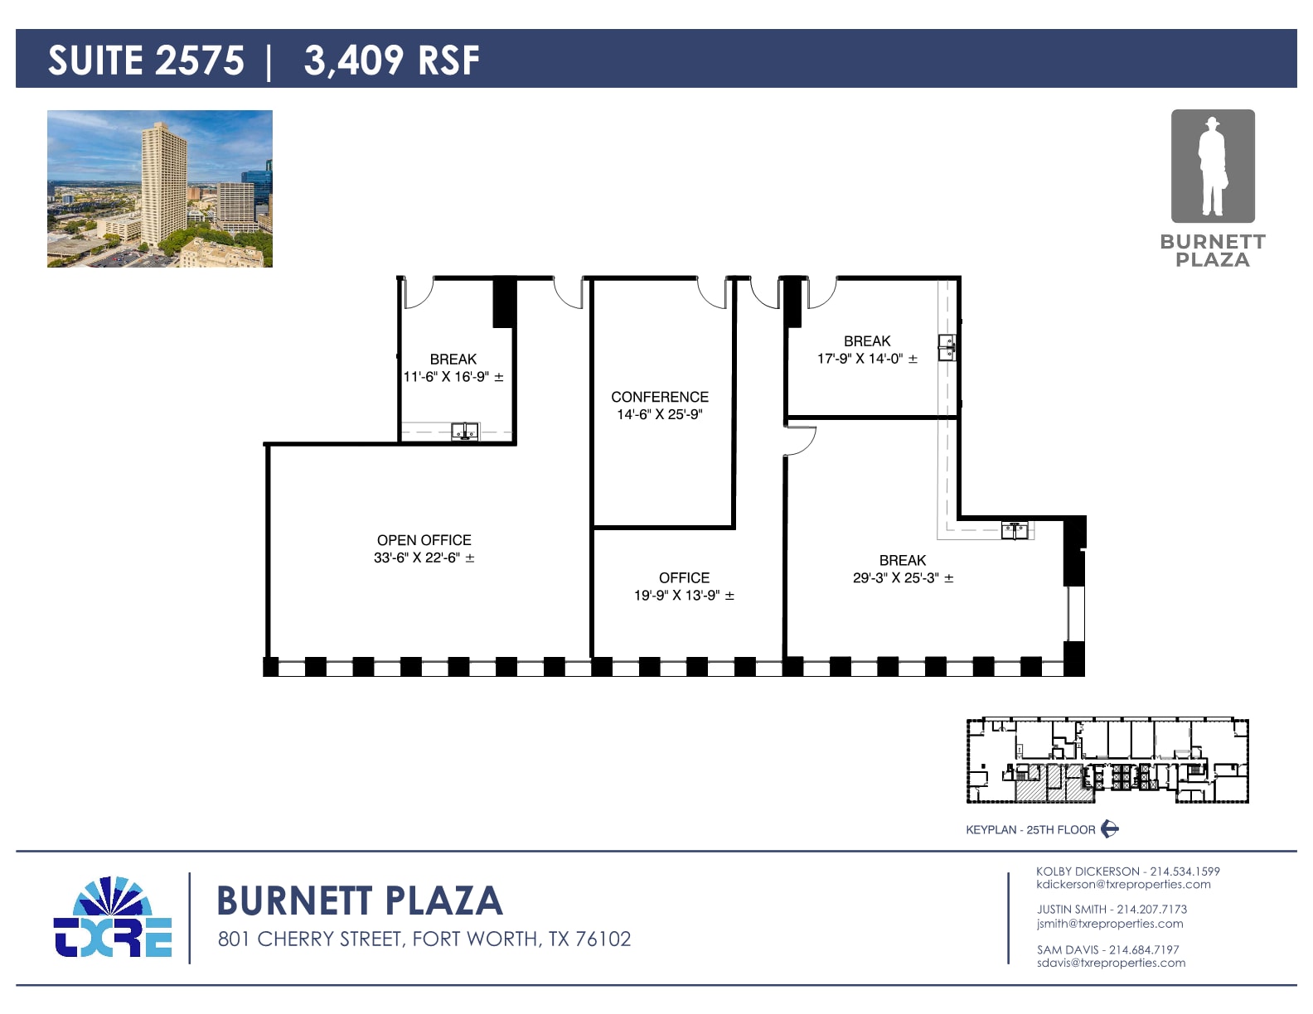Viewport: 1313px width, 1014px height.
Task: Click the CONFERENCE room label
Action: tap(660, 397)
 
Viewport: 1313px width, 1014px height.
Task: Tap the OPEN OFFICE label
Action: tap(424, 540)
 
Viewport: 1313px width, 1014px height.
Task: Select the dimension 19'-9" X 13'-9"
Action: tap(684, 596)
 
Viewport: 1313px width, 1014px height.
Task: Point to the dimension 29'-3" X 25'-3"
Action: tap(903, 578)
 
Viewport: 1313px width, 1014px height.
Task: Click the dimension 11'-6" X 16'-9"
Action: tap(453, 377)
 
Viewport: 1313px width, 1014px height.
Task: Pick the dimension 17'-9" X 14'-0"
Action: tap(867, 359)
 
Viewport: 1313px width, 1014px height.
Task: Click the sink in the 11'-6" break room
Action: tap(465, 431)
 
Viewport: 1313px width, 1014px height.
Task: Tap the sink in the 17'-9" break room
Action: tap(947, 347)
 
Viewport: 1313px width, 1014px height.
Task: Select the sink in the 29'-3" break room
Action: tap(1015, 529)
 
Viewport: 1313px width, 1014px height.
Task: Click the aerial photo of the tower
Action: tap(160, 189)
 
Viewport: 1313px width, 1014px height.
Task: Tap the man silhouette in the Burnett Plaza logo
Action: tap(1212, 167)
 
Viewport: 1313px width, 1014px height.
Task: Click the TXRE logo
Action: tap(113, 918)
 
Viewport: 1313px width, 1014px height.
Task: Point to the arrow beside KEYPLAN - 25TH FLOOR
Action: tap(1110, 829)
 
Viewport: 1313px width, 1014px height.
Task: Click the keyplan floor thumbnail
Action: tap(1107, 760)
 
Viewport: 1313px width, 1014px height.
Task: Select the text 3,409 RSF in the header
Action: tap(391, 60)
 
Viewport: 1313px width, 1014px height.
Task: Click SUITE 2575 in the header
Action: tap(146, 60)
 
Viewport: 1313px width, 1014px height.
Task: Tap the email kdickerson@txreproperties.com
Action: tap(1123, 885)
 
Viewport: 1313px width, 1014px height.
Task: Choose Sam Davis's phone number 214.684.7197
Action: tap(1144, 949)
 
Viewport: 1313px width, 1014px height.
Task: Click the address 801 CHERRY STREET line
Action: tap(424, 939)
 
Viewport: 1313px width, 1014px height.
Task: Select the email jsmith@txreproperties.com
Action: tap(1110, 924)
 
